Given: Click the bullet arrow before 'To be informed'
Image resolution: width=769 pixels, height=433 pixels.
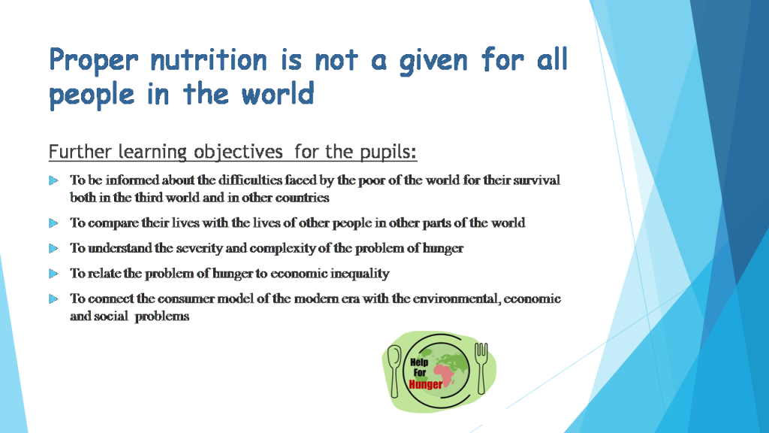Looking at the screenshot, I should pos(53,180).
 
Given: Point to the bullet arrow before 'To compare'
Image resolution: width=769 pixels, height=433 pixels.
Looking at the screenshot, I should pos(53,223).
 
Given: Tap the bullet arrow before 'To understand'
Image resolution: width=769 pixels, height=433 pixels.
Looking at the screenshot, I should pos(53,248).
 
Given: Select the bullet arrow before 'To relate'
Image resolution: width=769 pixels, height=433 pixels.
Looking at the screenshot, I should pos(53,274).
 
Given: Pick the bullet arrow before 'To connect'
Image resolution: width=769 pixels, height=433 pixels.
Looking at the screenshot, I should pos(53,298).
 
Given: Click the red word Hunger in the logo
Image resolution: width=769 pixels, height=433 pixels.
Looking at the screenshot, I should pos(426,385).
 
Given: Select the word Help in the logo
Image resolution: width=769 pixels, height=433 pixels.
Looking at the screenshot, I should pos(419,362).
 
